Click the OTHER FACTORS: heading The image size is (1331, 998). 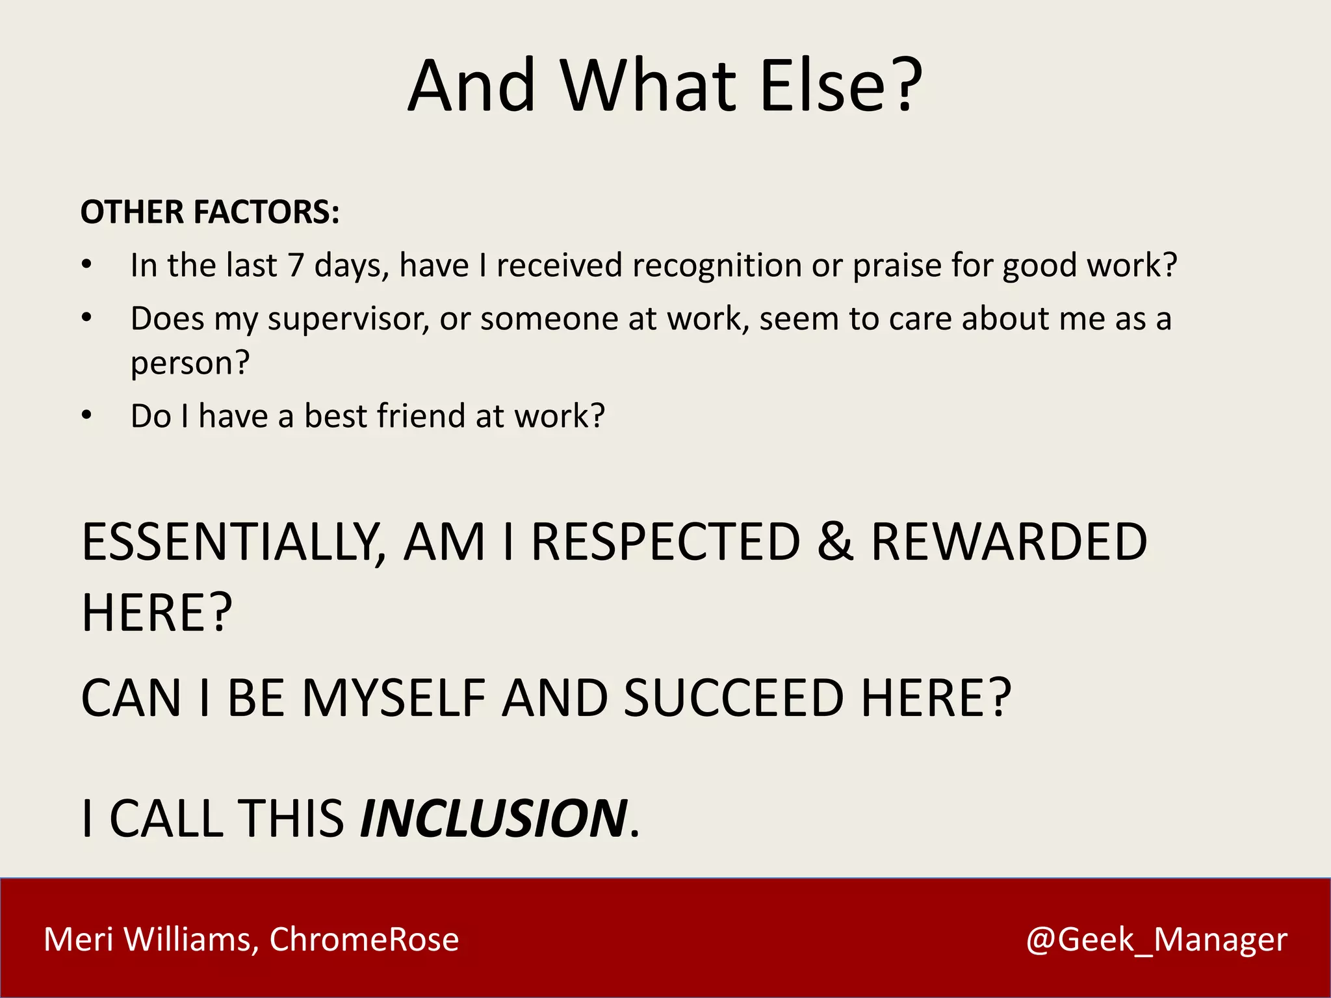click(x=210, y=212)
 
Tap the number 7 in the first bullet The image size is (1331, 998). click(x=296, y=266)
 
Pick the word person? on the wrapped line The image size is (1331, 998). click(x=190, y=363)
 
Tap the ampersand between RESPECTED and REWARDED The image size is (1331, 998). click(x=834, y=543)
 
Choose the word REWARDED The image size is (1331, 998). click(x=1009, y=543)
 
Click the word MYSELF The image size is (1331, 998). click(x=394, y=698)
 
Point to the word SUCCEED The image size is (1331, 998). click(x=733, y=698)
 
